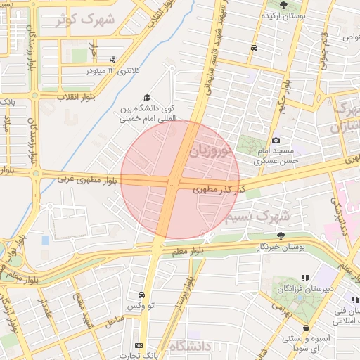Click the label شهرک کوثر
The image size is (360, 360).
point(87,18)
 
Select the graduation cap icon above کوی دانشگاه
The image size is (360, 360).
point(147,98)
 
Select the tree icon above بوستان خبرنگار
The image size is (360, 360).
point(281,236)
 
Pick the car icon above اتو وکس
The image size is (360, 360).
point(143,295)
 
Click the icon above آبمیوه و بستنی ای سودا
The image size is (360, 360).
point(307,328)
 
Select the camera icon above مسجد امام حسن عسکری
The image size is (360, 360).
point(276,141)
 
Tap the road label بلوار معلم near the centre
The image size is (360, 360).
point(188,250)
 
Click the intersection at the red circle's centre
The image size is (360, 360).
point(173,181)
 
